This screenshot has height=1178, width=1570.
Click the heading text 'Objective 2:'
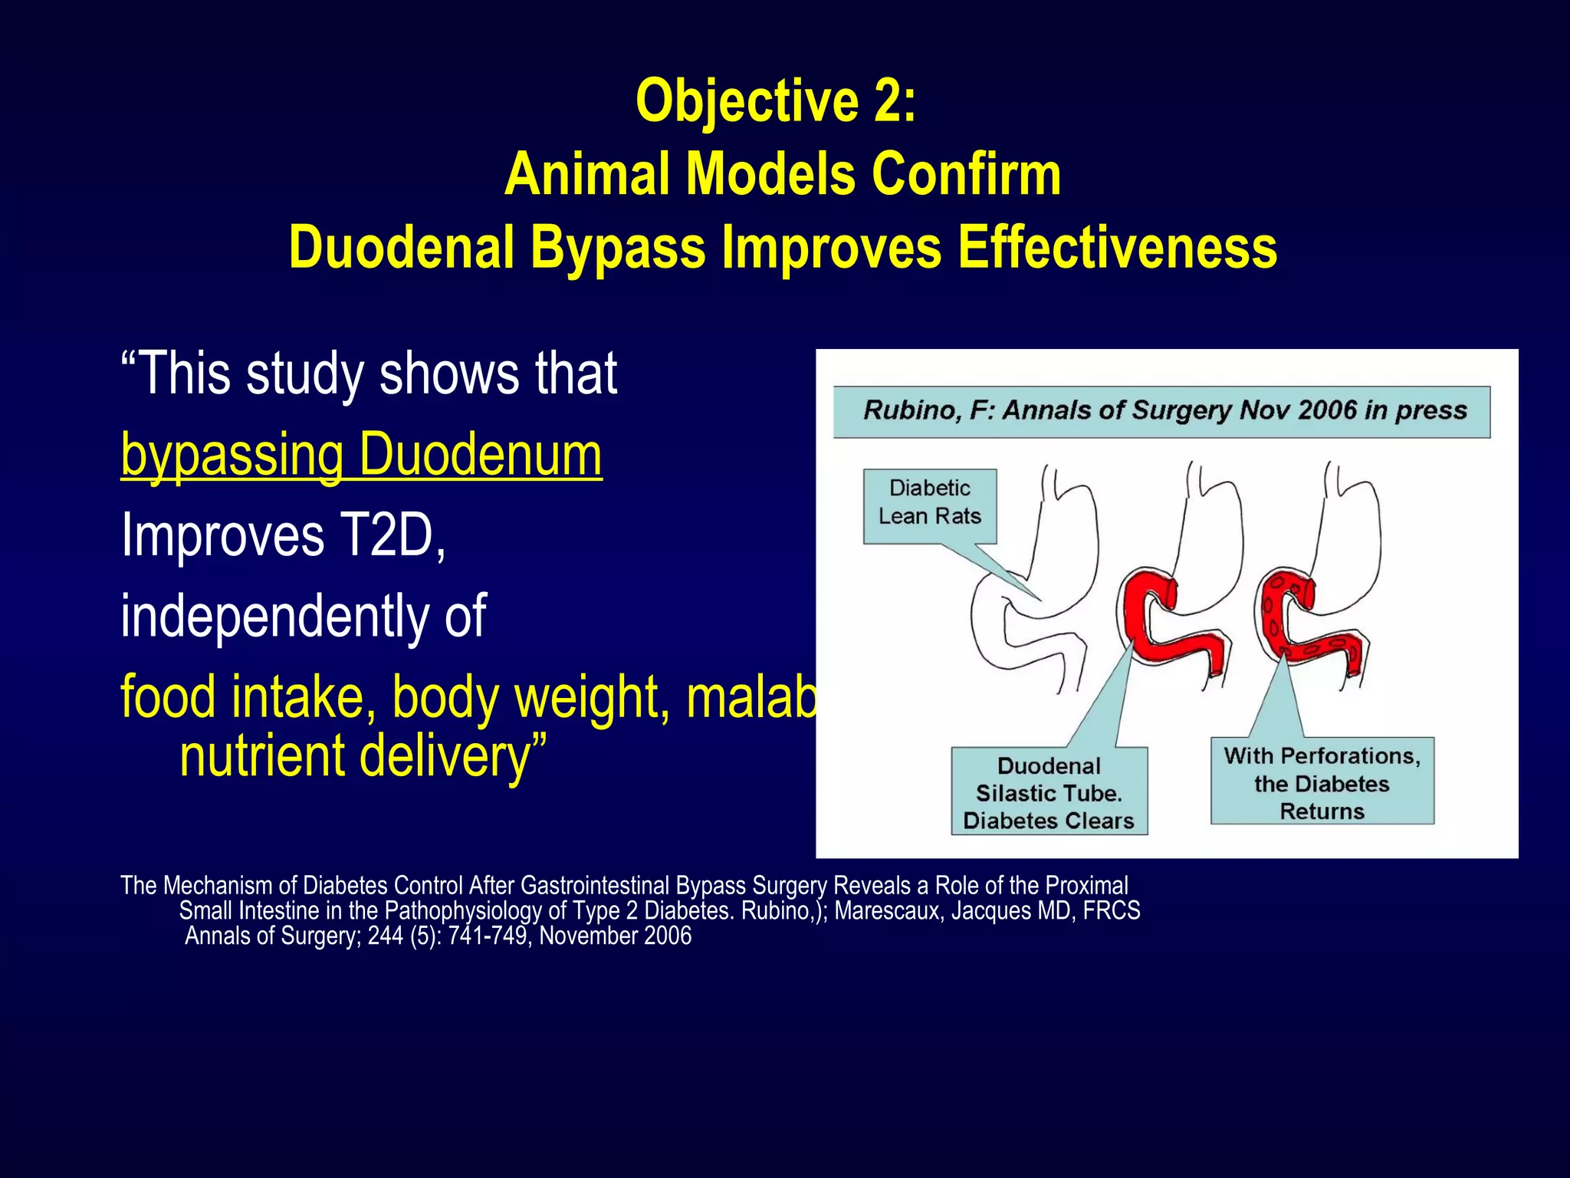click(x=776, y=101)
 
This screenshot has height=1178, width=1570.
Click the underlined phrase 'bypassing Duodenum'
click(x=361, y=456)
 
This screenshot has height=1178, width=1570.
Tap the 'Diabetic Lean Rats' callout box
click(x=929, y=503)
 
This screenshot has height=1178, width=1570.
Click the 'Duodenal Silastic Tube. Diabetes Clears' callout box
click(x=1049, y=792)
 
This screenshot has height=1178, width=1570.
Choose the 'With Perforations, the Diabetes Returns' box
click(x=1322, y=782)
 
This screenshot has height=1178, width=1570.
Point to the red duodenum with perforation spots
click(x=1303, y=629)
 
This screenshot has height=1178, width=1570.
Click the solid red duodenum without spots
click(x=1165, y=629)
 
